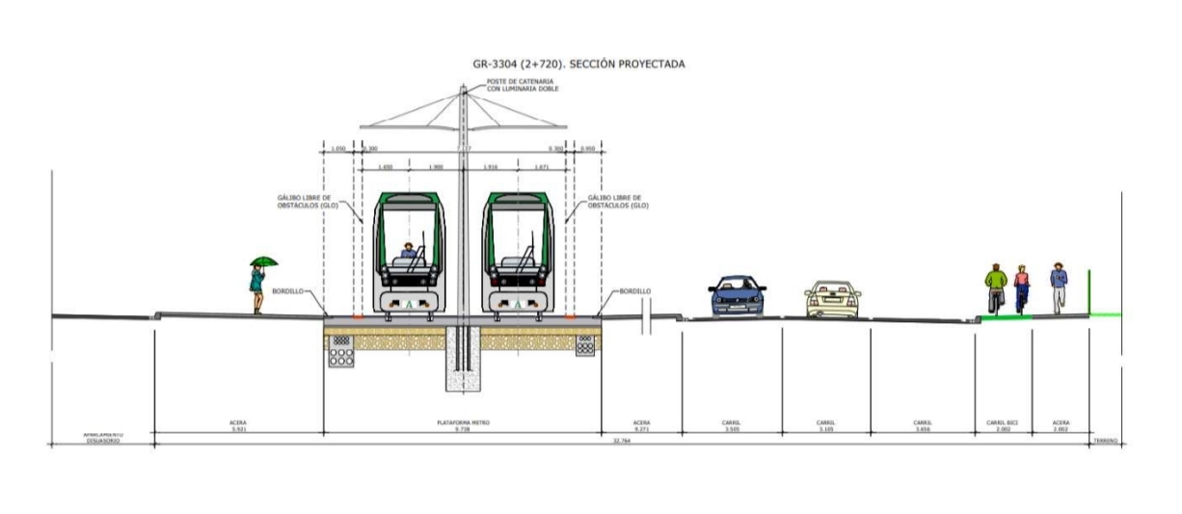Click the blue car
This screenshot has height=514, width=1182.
coord(738,296)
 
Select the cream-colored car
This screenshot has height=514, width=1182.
coord(832,298)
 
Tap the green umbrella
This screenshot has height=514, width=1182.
coord(263,261)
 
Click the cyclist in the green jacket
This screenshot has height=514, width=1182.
coord(994,287)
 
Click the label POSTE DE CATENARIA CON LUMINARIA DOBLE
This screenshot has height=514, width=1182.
coord(520,86)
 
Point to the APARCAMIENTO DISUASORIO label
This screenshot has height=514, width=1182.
coord(101,438)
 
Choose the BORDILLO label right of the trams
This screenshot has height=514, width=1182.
coord(634,290)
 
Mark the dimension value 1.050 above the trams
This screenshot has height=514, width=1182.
coord(337,149)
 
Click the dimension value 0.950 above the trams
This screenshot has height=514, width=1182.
coord(588,149)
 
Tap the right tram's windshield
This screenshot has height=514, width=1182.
coord(519,235)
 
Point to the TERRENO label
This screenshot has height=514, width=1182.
coord(1105,441)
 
